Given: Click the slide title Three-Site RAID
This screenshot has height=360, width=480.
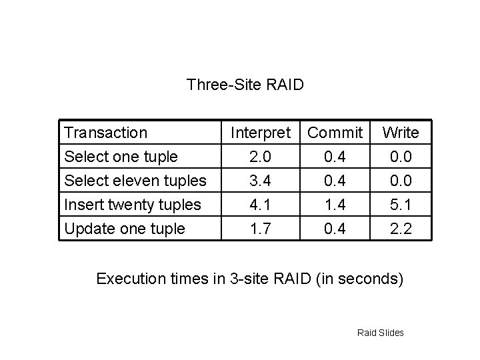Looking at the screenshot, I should pyautogui.click(x=245, y=85).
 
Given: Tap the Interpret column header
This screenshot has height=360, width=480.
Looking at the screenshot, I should pyautogui.click(x=261, y=133).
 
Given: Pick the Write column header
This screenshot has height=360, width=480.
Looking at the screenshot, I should pyautogui.click(x=401, y=133).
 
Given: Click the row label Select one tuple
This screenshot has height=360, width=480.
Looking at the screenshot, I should pyautogui.click(x=120, y=157).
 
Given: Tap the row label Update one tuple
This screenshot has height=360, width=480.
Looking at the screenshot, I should pyautogui.click(x=123, y=229).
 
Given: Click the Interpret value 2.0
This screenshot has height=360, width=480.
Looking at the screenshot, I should pyautogui.click(x=259, y=157).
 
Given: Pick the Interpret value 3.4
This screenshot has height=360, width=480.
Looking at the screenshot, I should pyautogui.click(x=259, y=181).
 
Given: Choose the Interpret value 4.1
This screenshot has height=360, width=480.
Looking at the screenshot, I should pyautogui.click(x=259, y=205).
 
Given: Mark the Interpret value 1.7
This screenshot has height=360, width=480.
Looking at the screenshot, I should pyautogui.click(x=259, y=229).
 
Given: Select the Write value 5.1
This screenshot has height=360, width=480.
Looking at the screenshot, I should pyautogui.click(x=401, y=205).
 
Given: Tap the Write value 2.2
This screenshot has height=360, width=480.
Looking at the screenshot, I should pyautogui.click(x=401, y=229).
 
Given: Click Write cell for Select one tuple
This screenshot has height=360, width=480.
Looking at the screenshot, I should pyautogui.click(x=401, y=157).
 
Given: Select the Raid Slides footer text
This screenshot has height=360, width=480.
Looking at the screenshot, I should pyautogui.click(x=381, y=333).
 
